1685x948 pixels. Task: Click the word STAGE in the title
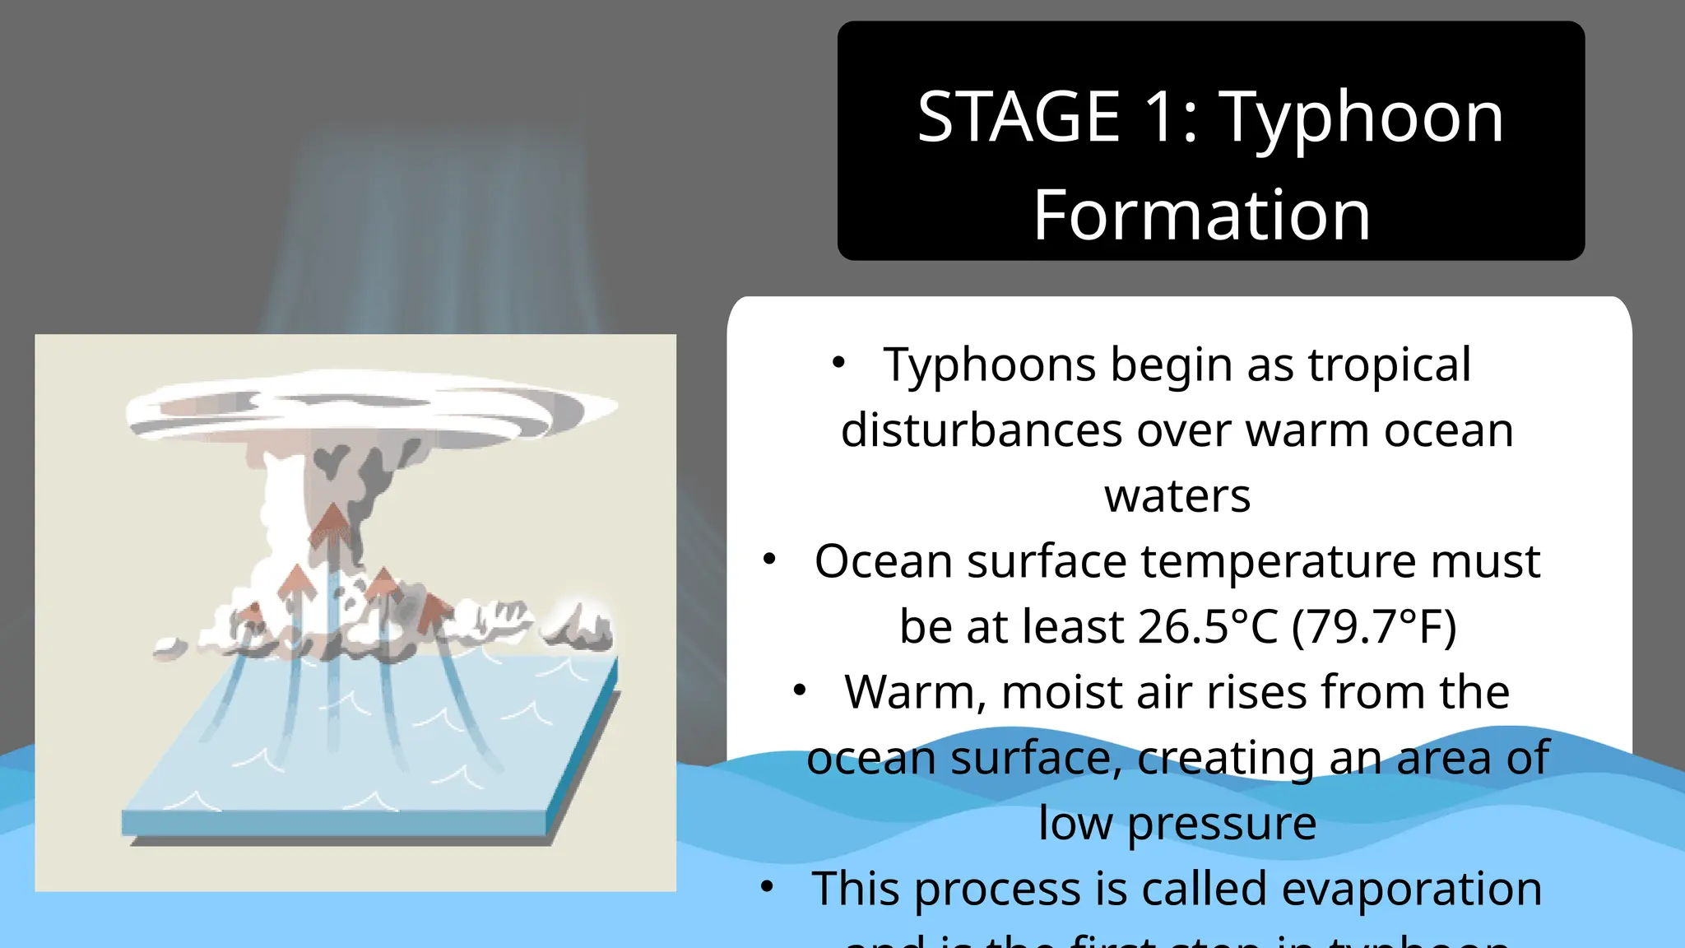tap(1019, 117)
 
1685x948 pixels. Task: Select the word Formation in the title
tap(1201, 215)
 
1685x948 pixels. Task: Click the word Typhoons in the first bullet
tap(990, 365)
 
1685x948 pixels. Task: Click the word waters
tap(1177, 496)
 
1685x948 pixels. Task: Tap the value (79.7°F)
tap(1374, 627)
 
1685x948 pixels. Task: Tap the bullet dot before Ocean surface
tap(769, 560)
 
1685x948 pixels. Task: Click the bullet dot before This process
tap(767, 887)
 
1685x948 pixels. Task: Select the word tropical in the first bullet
tap(1389, 365)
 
